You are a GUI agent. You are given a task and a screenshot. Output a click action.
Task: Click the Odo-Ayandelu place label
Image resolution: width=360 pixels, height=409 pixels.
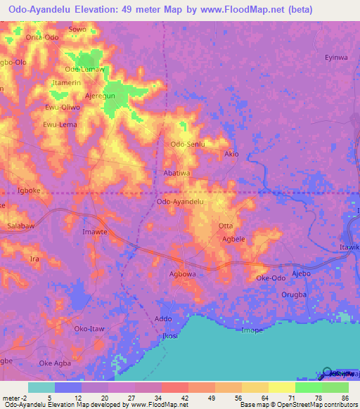[x=180, y=202]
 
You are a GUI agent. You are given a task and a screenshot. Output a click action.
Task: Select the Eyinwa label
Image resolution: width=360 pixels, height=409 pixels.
[x=335, y=58]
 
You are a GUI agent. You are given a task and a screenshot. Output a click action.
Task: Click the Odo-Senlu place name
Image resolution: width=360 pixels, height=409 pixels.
[x=188, y=144]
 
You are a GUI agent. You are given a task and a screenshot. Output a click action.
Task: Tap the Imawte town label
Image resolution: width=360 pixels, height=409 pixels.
[x=95, y=231]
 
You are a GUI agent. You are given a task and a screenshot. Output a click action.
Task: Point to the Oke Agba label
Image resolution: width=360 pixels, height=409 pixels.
[x=56, y=363]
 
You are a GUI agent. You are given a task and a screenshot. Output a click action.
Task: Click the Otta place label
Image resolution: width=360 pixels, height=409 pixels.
[x=226, y=226]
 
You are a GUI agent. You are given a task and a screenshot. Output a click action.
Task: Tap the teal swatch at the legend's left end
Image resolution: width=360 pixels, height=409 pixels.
[x=41, y=387]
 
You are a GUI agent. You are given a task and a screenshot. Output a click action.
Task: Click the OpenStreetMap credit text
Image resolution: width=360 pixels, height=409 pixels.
[x=294, y=405]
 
